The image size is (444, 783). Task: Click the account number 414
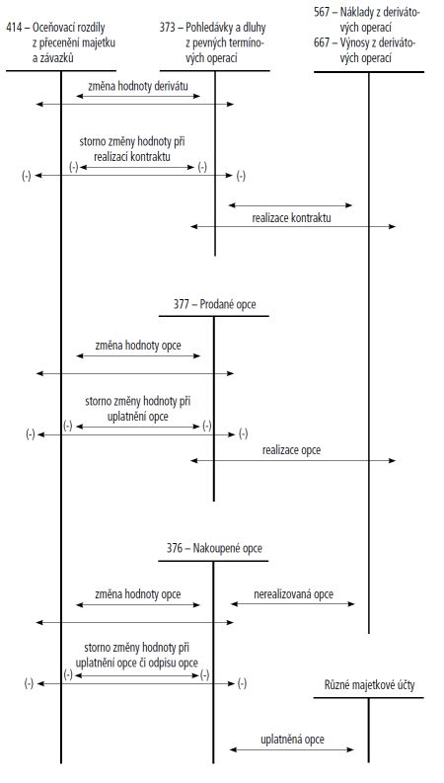[14, 27]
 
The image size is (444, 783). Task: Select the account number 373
[168, 27]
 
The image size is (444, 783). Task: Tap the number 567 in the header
[322, 12]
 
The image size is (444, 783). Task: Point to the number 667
[322, 42]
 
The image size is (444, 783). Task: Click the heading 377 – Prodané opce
[214, 304]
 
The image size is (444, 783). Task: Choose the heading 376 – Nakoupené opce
[214, 548]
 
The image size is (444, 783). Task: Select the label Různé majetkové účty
[369, 685]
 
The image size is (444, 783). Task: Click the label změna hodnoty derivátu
[138, 86]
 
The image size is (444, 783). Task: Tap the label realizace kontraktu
[291, 218]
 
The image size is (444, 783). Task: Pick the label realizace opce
[292, 450]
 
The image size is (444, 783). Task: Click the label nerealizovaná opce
[293, 594]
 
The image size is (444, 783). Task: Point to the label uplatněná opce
[292, 739]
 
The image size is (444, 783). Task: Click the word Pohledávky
[207, 27]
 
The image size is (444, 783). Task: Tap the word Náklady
[359, 12]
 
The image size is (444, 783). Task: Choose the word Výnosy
[358, 42]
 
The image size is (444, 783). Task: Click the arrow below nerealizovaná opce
[292, 603]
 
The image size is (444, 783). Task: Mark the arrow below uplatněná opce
[292, 749]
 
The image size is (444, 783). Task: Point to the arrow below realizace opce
[293, 460]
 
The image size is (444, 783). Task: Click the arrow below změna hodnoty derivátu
[138, 96]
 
